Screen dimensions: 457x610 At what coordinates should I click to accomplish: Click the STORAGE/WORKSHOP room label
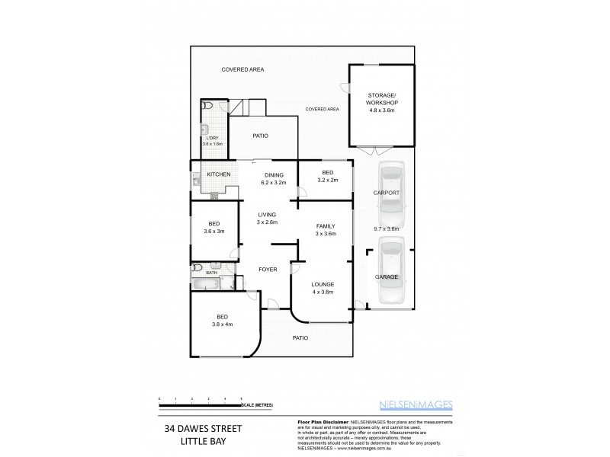pyautogui.click(x=382, y=102)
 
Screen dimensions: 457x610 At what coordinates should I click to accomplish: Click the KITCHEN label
pyautogui.click(x=219, y=175)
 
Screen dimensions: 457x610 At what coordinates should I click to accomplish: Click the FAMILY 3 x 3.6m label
pyautogui.click(x=326, y=230)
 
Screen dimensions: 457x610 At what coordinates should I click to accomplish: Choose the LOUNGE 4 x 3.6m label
pyautogui.click(x=323, y=288)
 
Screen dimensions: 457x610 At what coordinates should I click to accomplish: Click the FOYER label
pyautogui.click(x=268, y=270)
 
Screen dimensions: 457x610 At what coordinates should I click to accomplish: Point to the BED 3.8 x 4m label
pyautogui.click(x=222, y=320)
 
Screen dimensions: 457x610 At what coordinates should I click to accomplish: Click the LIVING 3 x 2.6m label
pyautogui.click(x=267, y=218)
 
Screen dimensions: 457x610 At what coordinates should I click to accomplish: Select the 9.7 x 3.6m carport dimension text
pyautogui.click(x=387, y=228)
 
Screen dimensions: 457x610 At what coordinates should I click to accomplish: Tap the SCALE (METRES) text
pyautogui.click(x=258, y=405)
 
